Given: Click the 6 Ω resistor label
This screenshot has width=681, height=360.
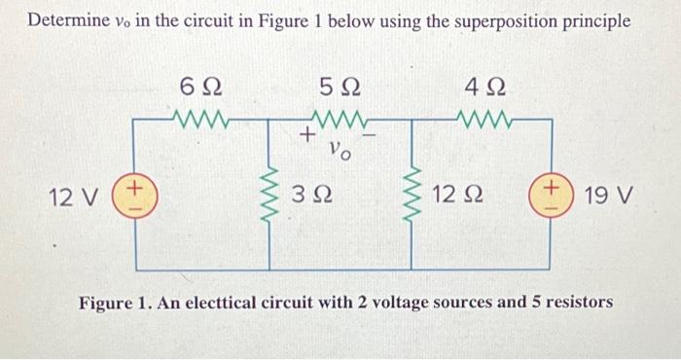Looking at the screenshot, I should pos(202,88).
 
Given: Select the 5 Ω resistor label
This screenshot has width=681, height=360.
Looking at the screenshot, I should pos(340,88).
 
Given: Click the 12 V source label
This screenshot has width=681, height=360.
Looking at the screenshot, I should pos(74,198).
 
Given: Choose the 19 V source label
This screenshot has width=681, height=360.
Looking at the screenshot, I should pos(611,198).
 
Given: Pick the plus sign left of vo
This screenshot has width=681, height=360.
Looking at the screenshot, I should pos(305,136).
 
